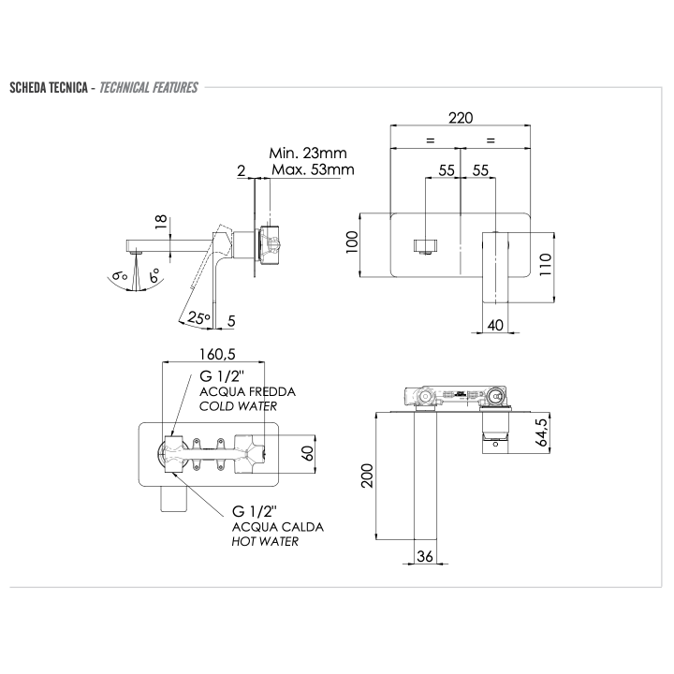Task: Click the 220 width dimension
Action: pyautogui.click(x=461, y=118)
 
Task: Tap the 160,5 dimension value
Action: pyautogui.click(x=217, y=354)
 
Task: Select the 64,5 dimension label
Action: pyautogui.click(x=542, y=432)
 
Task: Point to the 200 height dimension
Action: pyautogui.click(x=367, y=476)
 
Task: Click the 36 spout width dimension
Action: pyautogui.click(x=425, y=556)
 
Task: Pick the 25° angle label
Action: pyautogui.click(x=199, y=318)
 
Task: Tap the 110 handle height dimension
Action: pyautogui.click(x=545, y=265)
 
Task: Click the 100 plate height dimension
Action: pyautogui.click(x=352, y=242)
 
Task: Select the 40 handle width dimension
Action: pyautogui.click(x=495, y=325)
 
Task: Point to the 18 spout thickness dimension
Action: pyautogui.click(x=161, y=221)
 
